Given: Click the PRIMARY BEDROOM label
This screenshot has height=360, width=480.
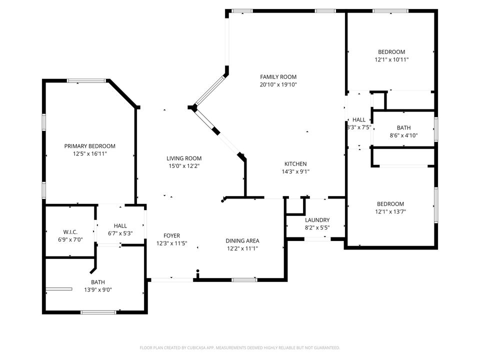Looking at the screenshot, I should pyautogui.click(x=89, y=146).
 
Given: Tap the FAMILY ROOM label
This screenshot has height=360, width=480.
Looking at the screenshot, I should pyautogui.click(x=278, y=77).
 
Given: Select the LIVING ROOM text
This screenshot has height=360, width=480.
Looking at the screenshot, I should pyautogui.click(x=184, y=158).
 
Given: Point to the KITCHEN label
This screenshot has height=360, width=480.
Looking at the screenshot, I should pyautogui.click(x=295, y=164).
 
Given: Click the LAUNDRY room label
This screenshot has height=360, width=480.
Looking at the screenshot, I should pyautogui.click(x=317, y=220).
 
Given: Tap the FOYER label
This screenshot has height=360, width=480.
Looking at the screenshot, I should pyautogui.click(x=171, y=236).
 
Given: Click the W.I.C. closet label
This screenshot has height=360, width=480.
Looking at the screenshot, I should pyautogui.click(x=70, y=232).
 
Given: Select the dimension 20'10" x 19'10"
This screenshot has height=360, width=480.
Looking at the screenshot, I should pyautogui.click(x=278, y=84).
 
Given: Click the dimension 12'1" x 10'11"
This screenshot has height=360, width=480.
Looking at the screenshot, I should pyautogui.click(x=391, y=59).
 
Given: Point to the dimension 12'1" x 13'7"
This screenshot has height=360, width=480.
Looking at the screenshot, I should pyautogui.click(x=390, y=211).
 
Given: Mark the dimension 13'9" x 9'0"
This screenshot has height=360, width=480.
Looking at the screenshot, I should pyautogui.click(x=98, y=289).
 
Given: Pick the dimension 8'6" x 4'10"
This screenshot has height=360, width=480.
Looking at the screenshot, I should pyautogui.click(x=403, y=135).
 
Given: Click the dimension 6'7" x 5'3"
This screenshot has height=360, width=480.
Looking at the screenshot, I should pyautogui.click(x=120, y=233).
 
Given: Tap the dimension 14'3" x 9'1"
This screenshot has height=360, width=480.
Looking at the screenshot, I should pyautogui.click(x=295, y=171).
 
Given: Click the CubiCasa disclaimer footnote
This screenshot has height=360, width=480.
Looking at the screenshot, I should pyautogui.click(x=239, y=347).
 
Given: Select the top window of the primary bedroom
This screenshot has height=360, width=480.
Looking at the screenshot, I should pyautogui.click(x=86, y=80).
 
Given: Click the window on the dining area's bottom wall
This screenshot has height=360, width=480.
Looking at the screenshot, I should pyautogui.click(x=244, y=279).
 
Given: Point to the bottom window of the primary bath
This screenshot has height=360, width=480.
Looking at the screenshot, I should pyautogui.click(x=98, y=312).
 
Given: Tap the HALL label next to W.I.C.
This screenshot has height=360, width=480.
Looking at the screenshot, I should pyautogui.click(x=120, y=226).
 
